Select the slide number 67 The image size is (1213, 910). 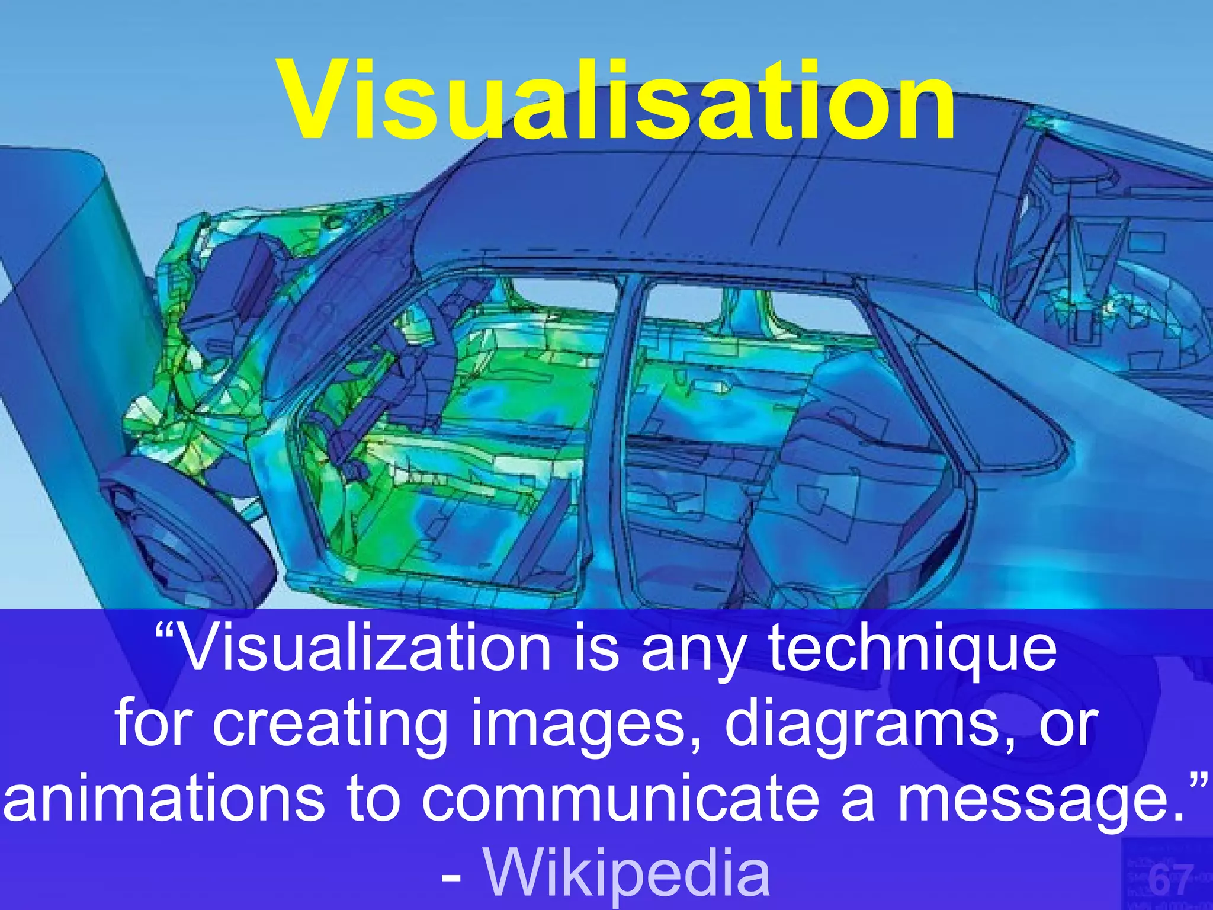1170,880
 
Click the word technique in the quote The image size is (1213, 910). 913,651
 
